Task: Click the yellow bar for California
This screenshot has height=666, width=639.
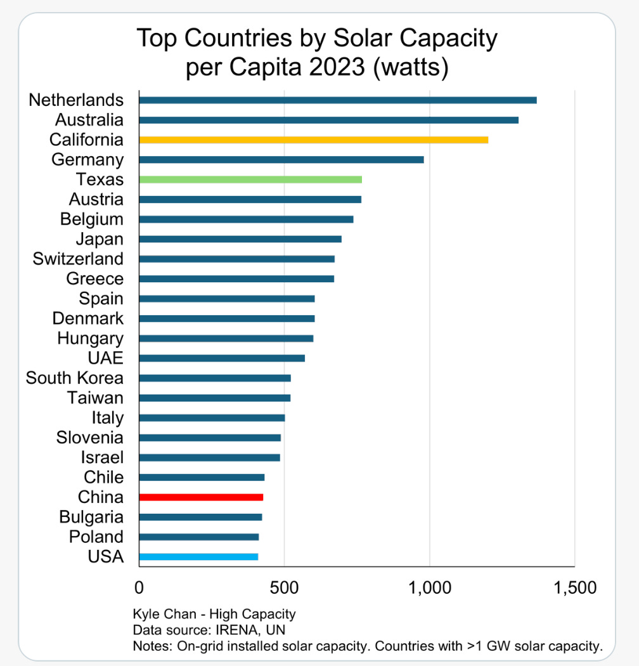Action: point(313,140)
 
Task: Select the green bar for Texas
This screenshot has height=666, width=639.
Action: point(250,180)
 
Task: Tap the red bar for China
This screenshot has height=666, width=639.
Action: point(201,497)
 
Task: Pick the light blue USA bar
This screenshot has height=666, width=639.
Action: point(198,557)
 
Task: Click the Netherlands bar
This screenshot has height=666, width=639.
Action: point(337,100)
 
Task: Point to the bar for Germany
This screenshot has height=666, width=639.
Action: point(281,160)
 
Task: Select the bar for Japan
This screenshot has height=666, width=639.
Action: point(240,239)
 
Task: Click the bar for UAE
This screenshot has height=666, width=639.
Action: point(221,358)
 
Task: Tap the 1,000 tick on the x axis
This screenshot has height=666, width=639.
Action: point(430,588)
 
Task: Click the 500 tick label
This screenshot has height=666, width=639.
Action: point(284,588)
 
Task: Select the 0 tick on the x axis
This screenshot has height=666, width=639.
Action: point(139,588)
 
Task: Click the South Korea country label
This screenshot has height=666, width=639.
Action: point(74,379)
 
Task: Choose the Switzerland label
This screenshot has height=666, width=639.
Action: point(78,259)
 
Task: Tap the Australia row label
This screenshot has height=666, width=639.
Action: point(89,120)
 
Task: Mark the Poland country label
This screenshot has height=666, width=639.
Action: point(96,537)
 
